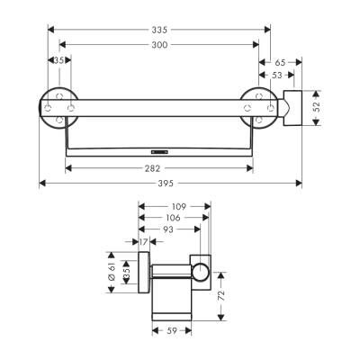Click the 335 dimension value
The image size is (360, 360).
click(159, 29)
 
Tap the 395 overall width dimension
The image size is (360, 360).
click(172, 184)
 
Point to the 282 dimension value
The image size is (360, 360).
click(159, 167)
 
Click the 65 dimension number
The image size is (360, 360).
click(279, 62)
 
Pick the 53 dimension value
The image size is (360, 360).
click(276, 76)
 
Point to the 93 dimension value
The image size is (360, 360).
click(168, 229)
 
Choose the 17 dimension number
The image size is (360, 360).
click(144, 241)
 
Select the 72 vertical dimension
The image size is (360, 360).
click(221, 294)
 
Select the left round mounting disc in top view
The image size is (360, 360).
click(58, 107)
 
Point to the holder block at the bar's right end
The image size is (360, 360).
click(292, 108)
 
